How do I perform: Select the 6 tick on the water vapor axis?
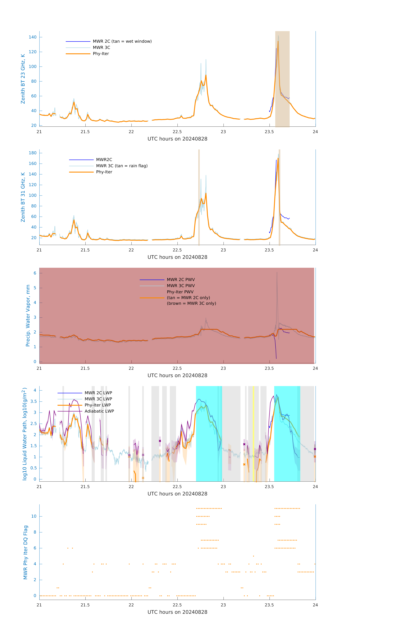(x=35, y=273)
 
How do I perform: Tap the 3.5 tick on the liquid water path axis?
(x=34, y=401)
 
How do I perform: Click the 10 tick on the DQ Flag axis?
(x=34, y=516)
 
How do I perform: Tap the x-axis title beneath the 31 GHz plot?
(x=177, y=257)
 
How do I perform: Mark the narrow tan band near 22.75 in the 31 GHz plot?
(x=199, y=197)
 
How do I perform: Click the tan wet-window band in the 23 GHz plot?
(x=282, y=79)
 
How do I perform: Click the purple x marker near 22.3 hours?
(x=160, y=441)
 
